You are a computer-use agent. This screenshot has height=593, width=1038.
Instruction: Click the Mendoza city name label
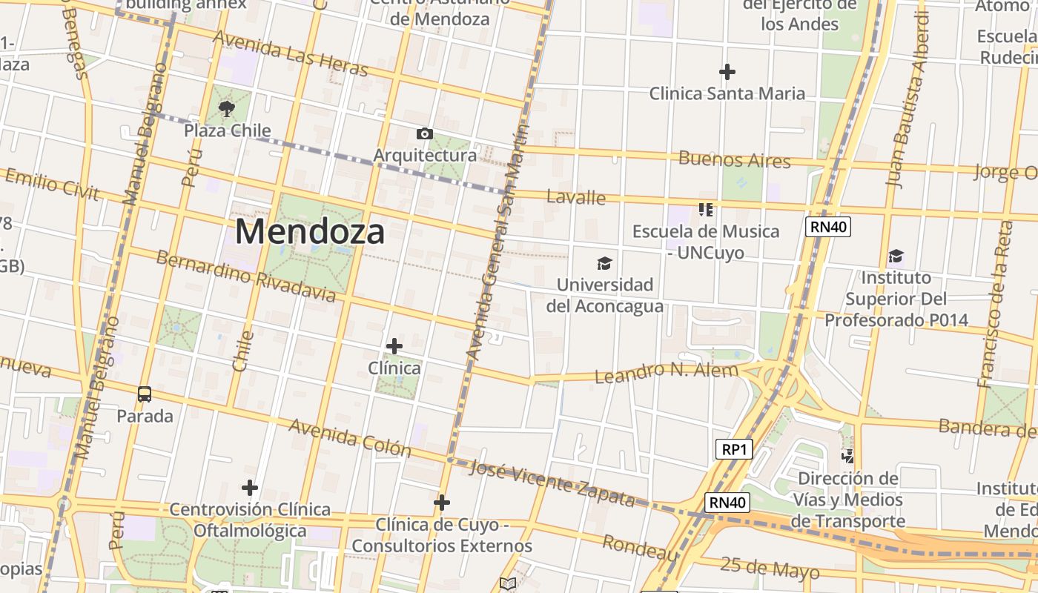pyautogui.click(x=310, y=232)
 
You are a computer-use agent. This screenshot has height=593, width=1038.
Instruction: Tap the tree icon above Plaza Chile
pyautogui.click(x=227, y=109)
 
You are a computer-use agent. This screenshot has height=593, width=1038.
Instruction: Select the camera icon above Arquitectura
pyautogui.click(x=425, y=133)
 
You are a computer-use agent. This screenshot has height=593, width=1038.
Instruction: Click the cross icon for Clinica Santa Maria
pyautogui.click(x=727, y=72)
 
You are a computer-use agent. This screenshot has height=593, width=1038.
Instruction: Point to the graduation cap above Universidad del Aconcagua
pyautogui.click(x=605, y=263)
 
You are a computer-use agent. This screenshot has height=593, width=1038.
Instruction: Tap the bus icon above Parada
pyautogui.click(x=145, y=394)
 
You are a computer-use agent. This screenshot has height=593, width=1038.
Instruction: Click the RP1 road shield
pyautogui.click(x=734, y=449)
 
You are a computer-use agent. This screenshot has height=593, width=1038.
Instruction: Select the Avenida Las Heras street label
pyautogui.click(x=290, y=53)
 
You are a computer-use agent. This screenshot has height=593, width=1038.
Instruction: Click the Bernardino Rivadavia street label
pyautogui.click(x=245, y=276)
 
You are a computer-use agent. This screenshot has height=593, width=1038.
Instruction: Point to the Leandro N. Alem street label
pyautogui.click(x=667, y=372)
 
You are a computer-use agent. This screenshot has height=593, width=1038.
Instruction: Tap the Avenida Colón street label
pyautogui.click(x=349, y=437)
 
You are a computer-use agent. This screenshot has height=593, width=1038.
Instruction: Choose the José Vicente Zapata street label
pyautogui.click(x=552, y=484)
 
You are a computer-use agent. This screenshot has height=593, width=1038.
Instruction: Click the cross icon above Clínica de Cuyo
pyautogui.click(x=442, y=503)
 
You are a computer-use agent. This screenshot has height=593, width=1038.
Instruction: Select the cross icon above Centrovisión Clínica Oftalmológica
pyautogui.click(x=250, y=488)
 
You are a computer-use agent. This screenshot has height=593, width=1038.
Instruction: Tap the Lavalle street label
pyautogui.click(x=576, y=197)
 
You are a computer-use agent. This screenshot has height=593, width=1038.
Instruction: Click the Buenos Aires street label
pyautogui.click(x=734, y=159)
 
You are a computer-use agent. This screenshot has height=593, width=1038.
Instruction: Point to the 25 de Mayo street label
pyautogui.click(x=770, y=568)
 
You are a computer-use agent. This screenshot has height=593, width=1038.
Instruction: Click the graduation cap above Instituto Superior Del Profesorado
pyautogui.click(x=896, y=256)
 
